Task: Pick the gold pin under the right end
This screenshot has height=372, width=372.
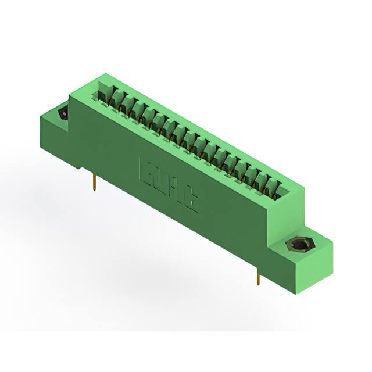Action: [257, 277]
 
